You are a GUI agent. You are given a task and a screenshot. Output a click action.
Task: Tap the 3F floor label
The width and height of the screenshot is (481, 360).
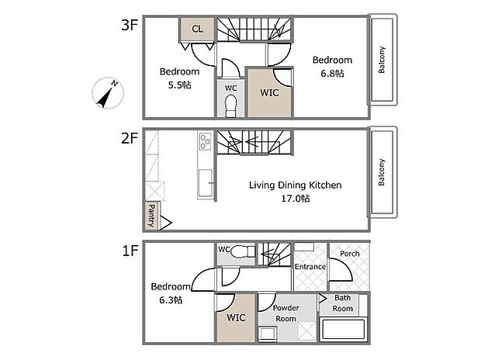pyautogui.click(x=129, y=25)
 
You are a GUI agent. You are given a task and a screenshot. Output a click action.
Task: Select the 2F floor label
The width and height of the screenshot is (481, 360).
pyautogui.click(x=129, y=138)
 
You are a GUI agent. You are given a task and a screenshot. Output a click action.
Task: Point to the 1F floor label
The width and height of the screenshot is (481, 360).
pyautogui.click(x=130, y=251)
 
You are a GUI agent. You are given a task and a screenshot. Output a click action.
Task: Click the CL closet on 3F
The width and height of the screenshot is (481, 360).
pyautogui.click(x=197, y=29)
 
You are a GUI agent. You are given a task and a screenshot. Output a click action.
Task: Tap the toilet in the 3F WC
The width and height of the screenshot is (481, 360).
pyautogui.click(x=230, y=106)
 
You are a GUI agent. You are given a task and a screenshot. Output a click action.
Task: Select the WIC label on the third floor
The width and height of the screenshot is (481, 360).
pyautogui.click(x=269, y=92)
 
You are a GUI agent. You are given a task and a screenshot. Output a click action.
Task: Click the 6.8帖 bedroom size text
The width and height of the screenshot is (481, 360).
pyautogui.click(x=332, y=74)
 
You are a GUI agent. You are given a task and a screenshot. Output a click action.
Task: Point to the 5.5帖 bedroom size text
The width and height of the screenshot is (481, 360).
pyautogui.click(x=179, y=85)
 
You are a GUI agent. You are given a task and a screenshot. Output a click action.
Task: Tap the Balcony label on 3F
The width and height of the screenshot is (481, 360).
pyautogui.click(x=381, y=60)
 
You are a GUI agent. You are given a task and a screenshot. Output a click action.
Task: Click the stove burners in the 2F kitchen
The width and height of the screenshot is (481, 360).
pyautogui.click(x=205, y=141)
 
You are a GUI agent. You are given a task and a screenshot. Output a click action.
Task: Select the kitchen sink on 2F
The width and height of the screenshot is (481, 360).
pyautogui.click(x=206, y=183)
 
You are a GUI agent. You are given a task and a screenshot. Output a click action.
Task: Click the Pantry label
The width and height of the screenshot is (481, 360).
pyautogui.click(x=151, y=216)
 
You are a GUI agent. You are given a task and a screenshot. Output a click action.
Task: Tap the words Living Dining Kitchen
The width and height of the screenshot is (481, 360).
pyautogui.click(x=295, y=185)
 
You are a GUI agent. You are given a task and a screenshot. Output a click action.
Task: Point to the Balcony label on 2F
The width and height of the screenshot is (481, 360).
pyautogui.click(x=381, y=172)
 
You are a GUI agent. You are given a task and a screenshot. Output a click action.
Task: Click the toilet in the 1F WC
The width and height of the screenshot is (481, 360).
pyautogui.click(x=243, y=252)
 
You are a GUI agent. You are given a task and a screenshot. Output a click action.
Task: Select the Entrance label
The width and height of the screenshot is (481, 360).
pyautogui.click(x=310, y=267)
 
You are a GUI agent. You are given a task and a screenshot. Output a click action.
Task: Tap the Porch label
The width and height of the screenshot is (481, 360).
pyautogui.click(x=350, y=254)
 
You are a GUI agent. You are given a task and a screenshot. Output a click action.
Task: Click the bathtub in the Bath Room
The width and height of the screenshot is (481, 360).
pyautogui.click(x=343, y=329)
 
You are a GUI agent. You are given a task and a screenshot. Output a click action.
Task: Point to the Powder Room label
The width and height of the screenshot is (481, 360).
pyautogui.click(x=286, y=313)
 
